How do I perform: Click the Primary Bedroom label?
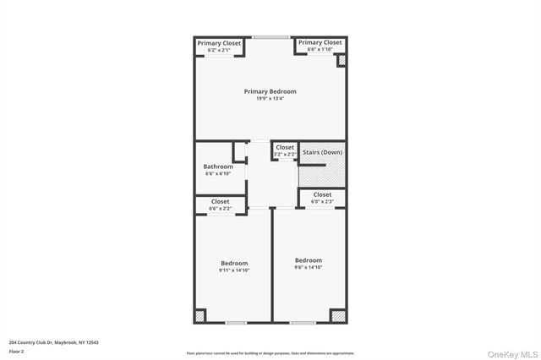coord(270,91)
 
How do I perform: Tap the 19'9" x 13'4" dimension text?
coord(270,99)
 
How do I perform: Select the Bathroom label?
coord(218,166)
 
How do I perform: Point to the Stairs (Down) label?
coord(322,152)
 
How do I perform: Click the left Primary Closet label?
coord(219,43)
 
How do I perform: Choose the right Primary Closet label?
coord(320,42)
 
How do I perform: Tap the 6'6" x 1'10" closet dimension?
coord(320,50)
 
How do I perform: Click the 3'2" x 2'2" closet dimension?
coord(284,154)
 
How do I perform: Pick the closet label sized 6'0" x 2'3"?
coord(322,194)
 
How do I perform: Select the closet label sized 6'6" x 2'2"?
coord(220,201)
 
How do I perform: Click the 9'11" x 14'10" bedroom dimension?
coord(234,270)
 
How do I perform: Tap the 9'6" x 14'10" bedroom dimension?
coord(308,267)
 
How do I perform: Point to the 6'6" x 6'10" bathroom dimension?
coord(218,174)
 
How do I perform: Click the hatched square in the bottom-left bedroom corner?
coord(200,315)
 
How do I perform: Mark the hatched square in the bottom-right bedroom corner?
coord(338,315)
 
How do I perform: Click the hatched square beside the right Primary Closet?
coord(342,61)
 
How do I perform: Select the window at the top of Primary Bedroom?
coord(270,36)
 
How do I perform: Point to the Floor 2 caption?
coord(17,351)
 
